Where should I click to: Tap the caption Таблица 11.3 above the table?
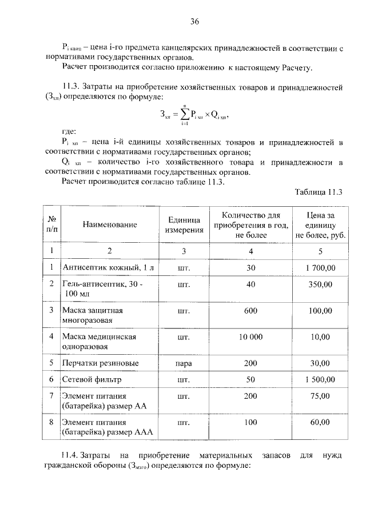click(319, 192)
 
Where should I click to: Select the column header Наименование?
click(110, 225)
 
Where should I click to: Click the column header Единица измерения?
click(185, 225)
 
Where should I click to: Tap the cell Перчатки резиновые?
click(97, 363)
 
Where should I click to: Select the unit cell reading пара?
click(184, 363)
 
